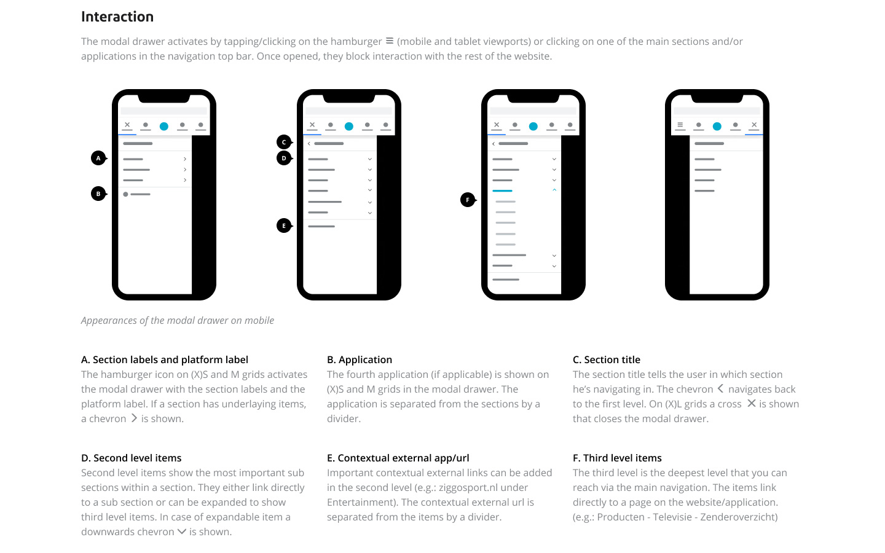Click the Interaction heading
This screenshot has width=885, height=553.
[117, 17]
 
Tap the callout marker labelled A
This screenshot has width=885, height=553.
[98, 159]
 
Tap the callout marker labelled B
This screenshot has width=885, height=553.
[98, 194]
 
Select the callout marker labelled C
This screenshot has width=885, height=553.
[283, 142]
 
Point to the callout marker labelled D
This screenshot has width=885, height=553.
[283, 159]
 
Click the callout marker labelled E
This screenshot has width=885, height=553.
[283, 226]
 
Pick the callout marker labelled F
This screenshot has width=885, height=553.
[468, 200]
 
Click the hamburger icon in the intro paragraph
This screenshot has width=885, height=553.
[390, 41]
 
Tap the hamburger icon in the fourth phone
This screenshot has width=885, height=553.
[680, 125]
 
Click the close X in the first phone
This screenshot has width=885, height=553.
[127, 125]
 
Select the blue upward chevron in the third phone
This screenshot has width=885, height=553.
[554, 190]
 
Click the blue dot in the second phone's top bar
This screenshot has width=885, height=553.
[349, 127]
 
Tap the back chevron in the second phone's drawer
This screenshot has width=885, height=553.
[309, 143]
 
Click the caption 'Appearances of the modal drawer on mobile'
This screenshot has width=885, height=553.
[178, 320]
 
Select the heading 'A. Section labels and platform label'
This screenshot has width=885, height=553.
[165, 359]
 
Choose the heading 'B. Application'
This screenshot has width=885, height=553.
[360, 359]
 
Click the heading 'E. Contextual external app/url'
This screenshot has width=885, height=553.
[398, 458]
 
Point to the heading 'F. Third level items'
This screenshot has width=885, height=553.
[617, 458]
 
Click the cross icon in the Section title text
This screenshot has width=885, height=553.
[751, 404]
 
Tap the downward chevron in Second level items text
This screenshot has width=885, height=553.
[182, 531]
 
